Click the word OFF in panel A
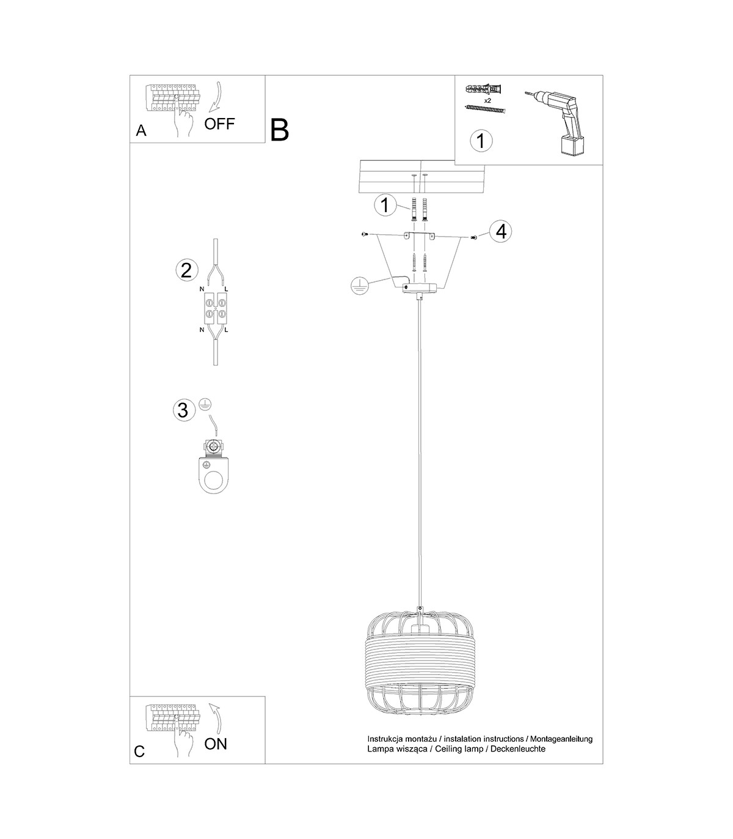219,124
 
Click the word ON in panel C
216,744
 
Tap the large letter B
280,130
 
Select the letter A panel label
141,130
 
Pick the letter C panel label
139,751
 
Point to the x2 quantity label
487,100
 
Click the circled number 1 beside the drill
481,141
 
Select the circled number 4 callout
501,232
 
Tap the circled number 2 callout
186,271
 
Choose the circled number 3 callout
183,410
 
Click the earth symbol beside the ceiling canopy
360,286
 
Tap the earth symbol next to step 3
205,404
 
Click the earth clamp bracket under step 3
213,467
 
